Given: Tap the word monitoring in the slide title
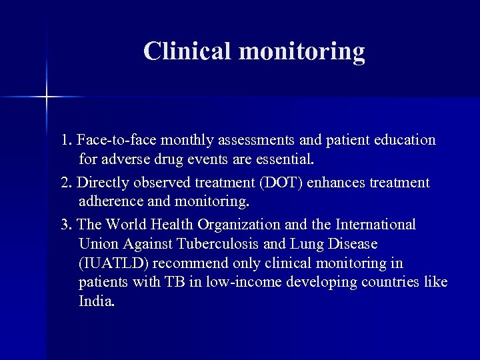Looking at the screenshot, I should point(304,52).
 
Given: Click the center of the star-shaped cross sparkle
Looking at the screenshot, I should point(47,98).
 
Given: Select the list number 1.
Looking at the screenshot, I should point(65,141).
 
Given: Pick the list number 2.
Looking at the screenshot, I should point(65,183).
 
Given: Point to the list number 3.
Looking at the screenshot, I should point(65,225).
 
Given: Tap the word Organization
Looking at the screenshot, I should point(249,225).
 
